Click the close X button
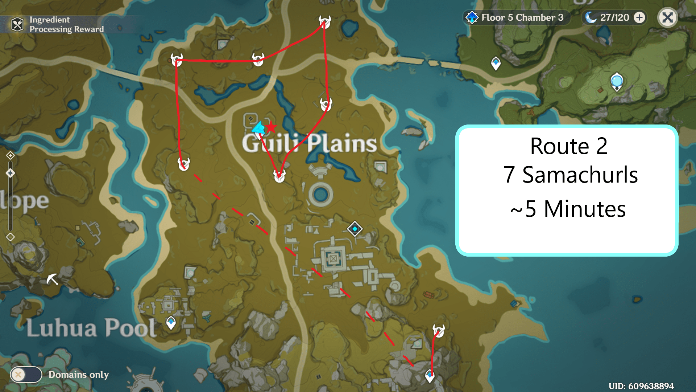click(x=667, y=17)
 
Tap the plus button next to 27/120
click(x=640, y=17)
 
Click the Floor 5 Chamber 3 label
click(x=522, y=17)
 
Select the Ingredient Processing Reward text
click(x=66, y=24)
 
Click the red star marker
click(x=270, y=127)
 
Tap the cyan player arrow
click(x=258, y=128)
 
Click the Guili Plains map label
click(x=309, y=143)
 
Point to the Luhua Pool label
click(x=91, y=328)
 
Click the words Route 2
click(x=568, y=146)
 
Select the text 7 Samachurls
click(x=570, y=175)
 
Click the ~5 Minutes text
click(x=568, y=209)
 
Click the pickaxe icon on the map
click(x=52, y=279)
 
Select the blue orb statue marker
click(x=617, y=81)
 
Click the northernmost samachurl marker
click(x=324, y=22)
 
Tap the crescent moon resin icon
click(x=591, y=17)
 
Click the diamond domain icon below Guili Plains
click(x=355, y=229)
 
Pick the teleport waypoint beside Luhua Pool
click(x=171, y=322)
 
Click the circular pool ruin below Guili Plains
click(x=320, y=195)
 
